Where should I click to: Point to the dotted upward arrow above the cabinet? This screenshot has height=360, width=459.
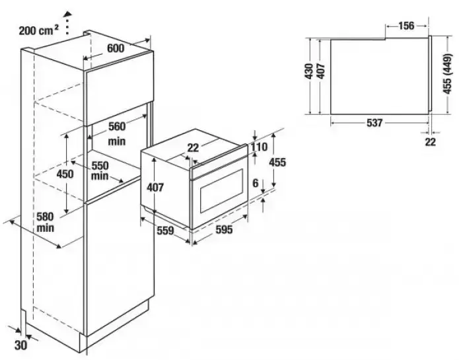coord(66,22)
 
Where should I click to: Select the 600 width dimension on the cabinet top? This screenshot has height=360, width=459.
coord(116,48)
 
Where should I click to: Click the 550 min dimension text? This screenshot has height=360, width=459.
coord(100,171)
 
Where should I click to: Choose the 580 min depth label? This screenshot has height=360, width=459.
coord(46,221)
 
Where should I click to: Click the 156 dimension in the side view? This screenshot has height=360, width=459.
coord(407,26)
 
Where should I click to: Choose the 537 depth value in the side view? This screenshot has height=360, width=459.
coord(374,123)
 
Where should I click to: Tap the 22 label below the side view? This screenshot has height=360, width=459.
coord(431,142)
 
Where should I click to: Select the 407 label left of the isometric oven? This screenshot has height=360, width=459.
coord(154,188)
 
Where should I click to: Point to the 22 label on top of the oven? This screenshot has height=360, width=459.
coord(192,148)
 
